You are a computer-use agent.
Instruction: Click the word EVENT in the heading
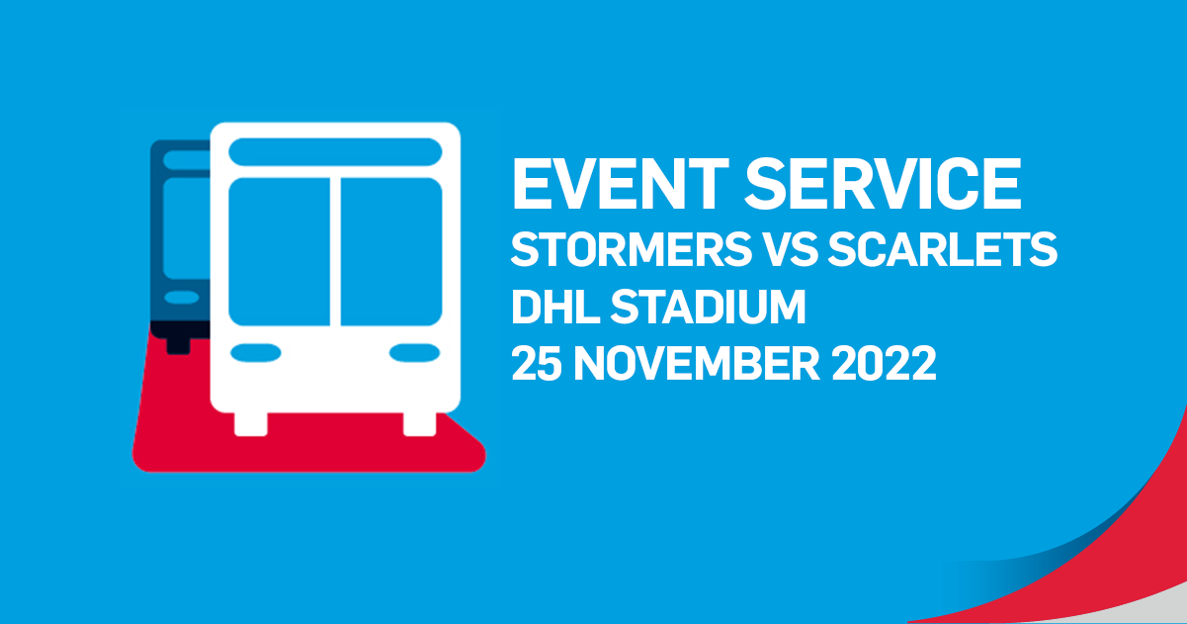[620, 184]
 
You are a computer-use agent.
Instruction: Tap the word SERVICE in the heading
[883, 184]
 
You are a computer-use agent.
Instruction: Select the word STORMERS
[632, 249]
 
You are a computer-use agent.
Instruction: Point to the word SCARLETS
[943, 249]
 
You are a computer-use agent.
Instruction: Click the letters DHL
[555, 307]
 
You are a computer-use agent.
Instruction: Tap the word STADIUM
[709, 307]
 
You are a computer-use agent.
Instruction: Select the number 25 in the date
[537, 364]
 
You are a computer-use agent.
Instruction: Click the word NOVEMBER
[698, 364]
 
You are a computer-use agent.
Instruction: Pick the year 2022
[885, 364]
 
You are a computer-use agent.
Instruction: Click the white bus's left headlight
[256, 353]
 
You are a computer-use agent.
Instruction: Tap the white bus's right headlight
[414, 353]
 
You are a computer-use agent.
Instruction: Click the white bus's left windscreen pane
[280, 252]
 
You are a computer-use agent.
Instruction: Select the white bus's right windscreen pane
[391, 252]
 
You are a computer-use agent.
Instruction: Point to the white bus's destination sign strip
[335, 152]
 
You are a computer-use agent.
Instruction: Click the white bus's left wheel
[251, 424]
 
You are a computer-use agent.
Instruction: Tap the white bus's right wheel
[420, 424]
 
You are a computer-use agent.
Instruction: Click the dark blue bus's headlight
[182, 298]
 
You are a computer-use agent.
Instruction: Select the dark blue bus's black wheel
[179, 344]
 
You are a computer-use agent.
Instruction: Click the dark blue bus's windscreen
[187, 228]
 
